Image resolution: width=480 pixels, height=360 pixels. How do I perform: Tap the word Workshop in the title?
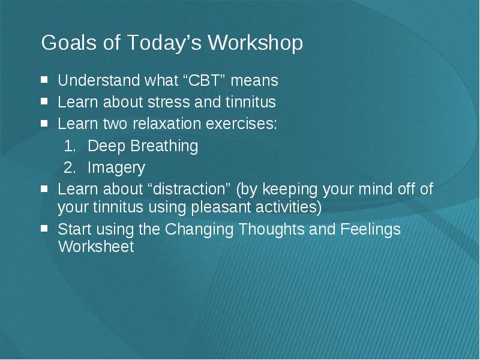(x=256, y=43)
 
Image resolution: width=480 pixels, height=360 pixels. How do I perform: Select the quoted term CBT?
(x=204, y=80)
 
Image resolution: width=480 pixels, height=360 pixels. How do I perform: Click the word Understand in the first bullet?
(x=99, y=80)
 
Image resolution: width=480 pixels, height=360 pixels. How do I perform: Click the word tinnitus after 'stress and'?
(x=251, y=102)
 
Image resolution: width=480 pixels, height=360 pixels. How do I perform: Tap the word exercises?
(x=242, y=124)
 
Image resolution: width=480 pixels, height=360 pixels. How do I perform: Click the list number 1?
(x=70, y=146)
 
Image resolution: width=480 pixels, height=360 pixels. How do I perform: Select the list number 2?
(x=70, y=168)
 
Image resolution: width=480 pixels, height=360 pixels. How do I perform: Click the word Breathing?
(x=164, y=146)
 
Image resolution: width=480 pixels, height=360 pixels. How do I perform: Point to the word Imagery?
(x=116, y=168)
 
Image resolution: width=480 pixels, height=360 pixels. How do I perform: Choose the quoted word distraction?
(x=188, y=189)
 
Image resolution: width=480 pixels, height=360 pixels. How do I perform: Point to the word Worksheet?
(x=96, y=247)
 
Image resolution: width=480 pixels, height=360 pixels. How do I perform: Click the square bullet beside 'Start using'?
(x=44, y=228)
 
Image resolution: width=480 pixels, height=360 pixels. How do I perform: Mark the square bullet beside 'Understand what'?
(x=44, y=80)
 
